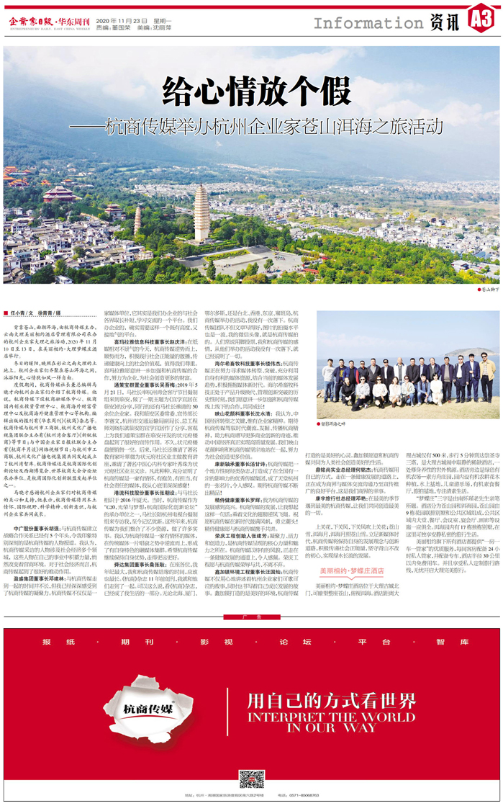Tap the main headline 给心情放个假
click(250, 92)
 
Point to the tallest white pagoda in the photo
click(201, 213)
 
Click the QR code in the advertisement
click(251, 779)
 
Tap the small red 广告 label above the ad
click(251, 617)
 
